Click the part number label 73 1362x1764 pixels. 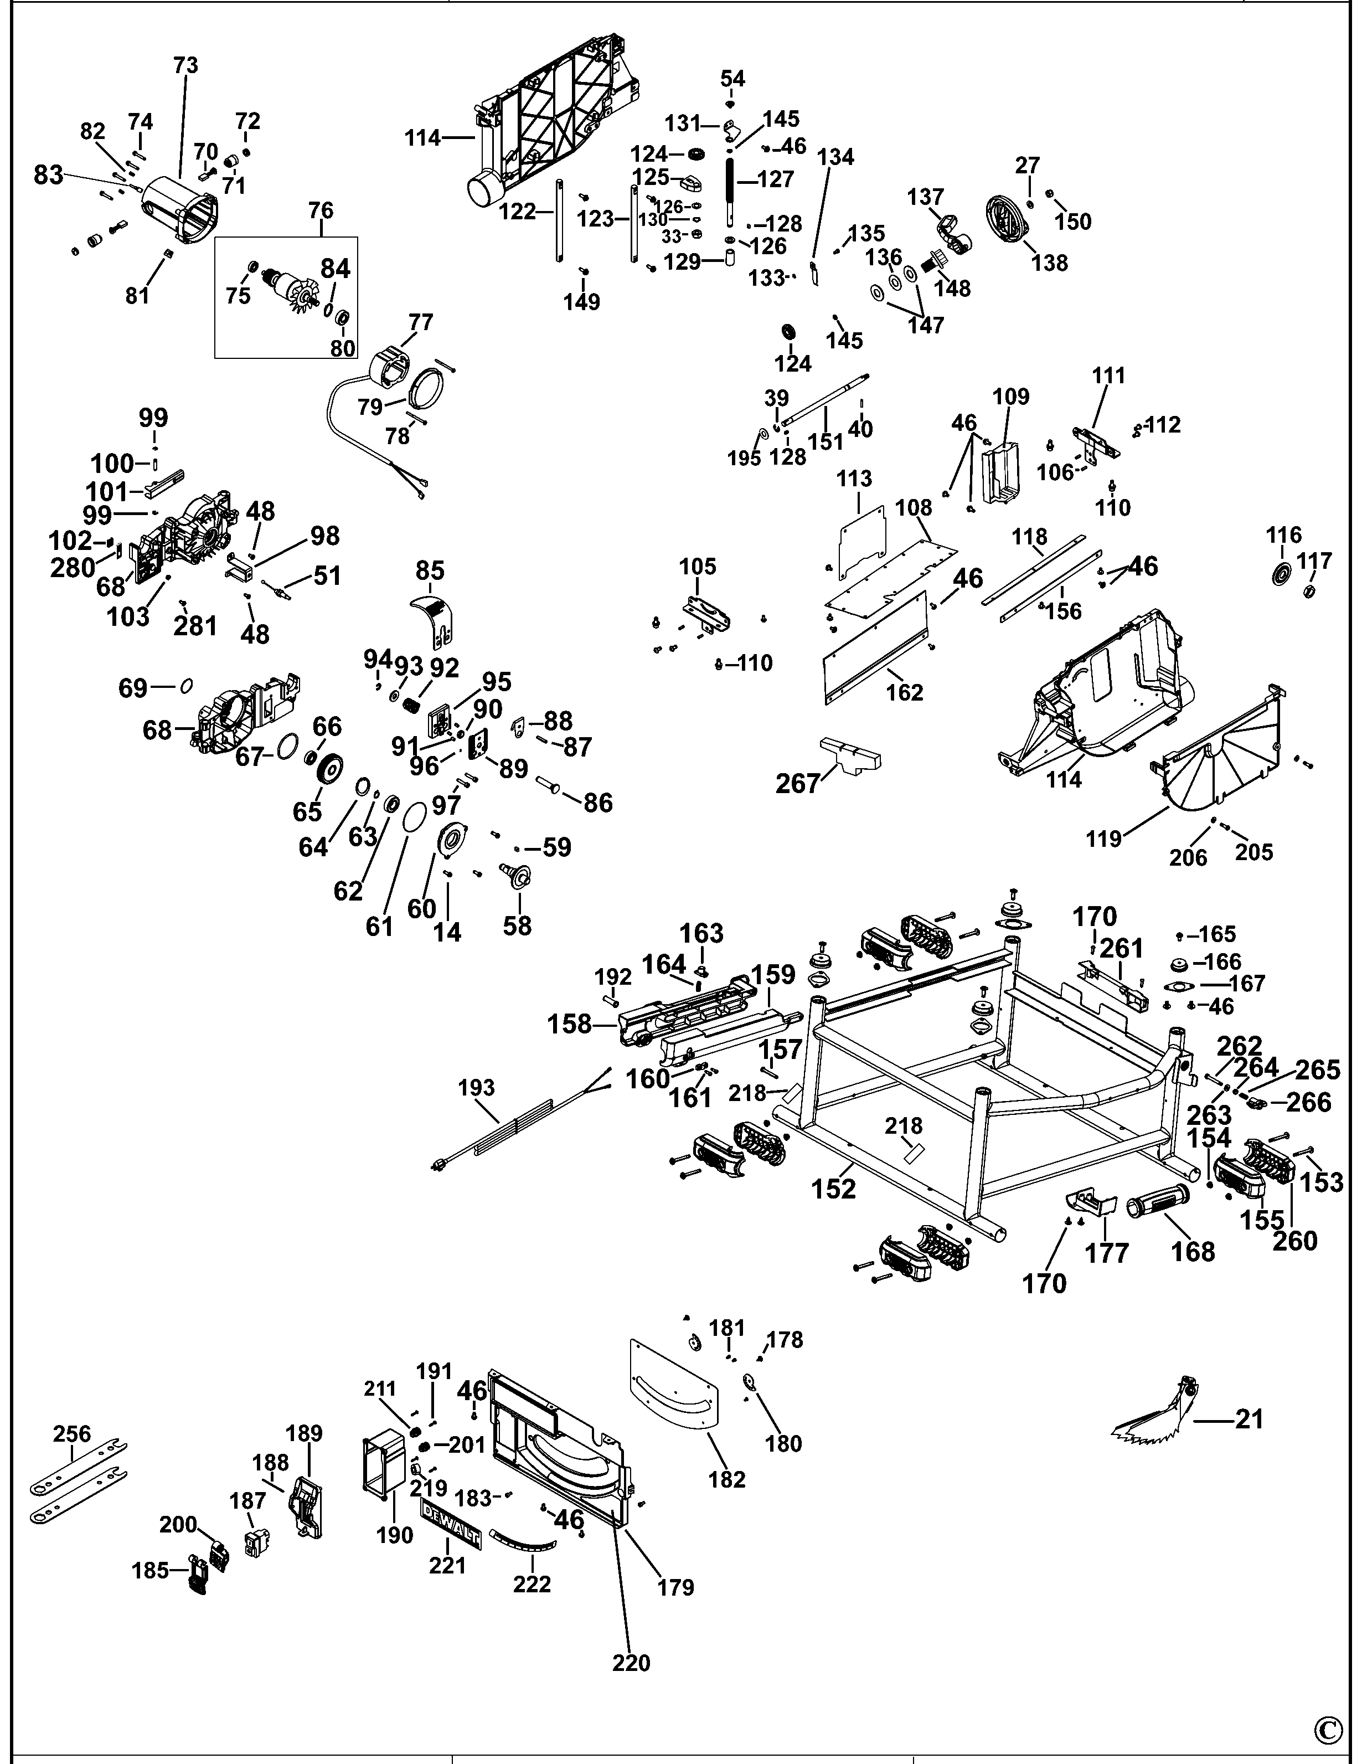click(185, 65)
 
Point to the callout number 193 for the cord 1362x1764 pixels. click(476, 1087)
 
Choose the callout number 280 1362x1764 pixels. click(72, 568)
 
